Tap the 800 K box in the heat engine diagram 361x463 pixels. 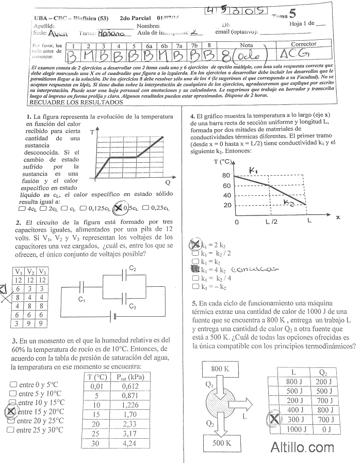[223, 368]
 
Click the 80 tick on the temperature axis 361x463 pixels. [226, 176]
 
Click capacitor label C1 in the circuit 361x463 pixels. [81, 299]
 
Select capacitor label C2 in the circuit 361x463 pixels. [133, 269]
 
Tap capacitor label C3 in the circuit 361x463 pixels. [133, 307]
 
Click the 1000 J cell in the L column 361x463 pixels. [294, 429]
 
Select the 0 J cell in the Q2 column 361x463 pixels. [326, 429]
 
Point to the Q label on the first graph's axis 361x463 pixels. [168, 182]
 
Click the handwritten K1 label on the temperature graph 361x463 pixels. [253, 171]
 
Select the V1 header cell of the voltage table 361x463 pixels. [18, 271]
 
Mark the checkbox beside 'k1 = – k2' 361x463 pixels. [194, 286]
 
